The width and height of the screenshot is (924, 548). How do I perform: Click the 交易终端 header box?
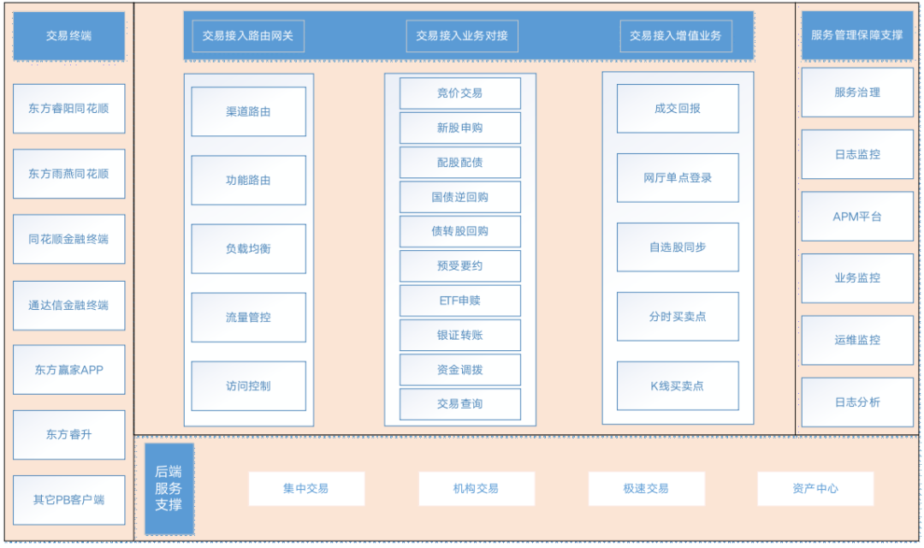click(x=68, y=36)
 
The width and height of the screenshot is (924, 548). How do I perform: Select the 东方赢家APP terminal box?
click(x=68, y=370)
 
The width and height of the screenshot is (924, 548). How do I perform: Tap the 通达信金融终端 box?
click(x=68, y=305)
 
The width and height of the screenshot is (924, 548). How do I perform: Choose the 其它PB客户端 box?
click(x=68, y=499)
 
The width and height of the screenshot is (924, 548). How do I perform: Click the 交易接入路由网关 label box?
click(x=248, y=36)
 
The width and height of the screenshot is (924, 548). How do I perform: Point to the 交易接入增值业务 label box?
click(x=676, y=36)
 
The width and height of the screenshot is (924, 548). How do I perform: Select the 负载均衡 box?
click(x=248, y=248)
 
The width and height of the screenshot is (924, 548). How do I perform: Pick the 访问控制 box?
click(x=248, y=385)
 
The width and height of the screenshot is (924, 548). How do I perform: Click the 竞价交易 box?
click(x=460, y=93)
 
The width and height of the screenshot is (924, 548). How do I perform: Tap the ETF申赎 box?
click(x=460, y=301)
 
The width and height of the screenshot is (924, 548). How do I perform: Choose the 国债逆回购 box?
click(x=460, y=197)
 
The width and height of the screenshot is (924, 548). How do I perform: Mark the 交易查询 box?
click(x=460, y=403)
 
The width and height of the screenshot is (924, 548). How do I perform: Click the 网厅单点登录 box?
click(x=678, y=178)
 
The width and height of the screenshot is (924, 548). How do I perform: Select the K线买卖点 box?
click(x=678, y=385)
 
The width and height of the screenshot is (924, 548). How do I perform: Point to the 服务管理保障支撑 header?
click(x=857, y=36)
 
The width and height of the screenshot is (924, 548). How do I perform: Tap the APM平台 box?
click(x=857, y=217)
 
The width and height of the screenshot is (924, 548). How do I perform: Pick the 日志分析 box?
click(x=857, y=402)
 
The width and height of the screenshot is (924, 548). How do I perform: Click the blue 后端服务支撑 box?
click(x=169, y=488)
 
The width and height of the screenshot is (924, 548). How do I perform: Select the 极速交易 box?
click(x=646, y=488)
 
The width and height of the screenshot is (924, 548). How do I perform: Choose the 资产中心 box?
click(x=815, y=488)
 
